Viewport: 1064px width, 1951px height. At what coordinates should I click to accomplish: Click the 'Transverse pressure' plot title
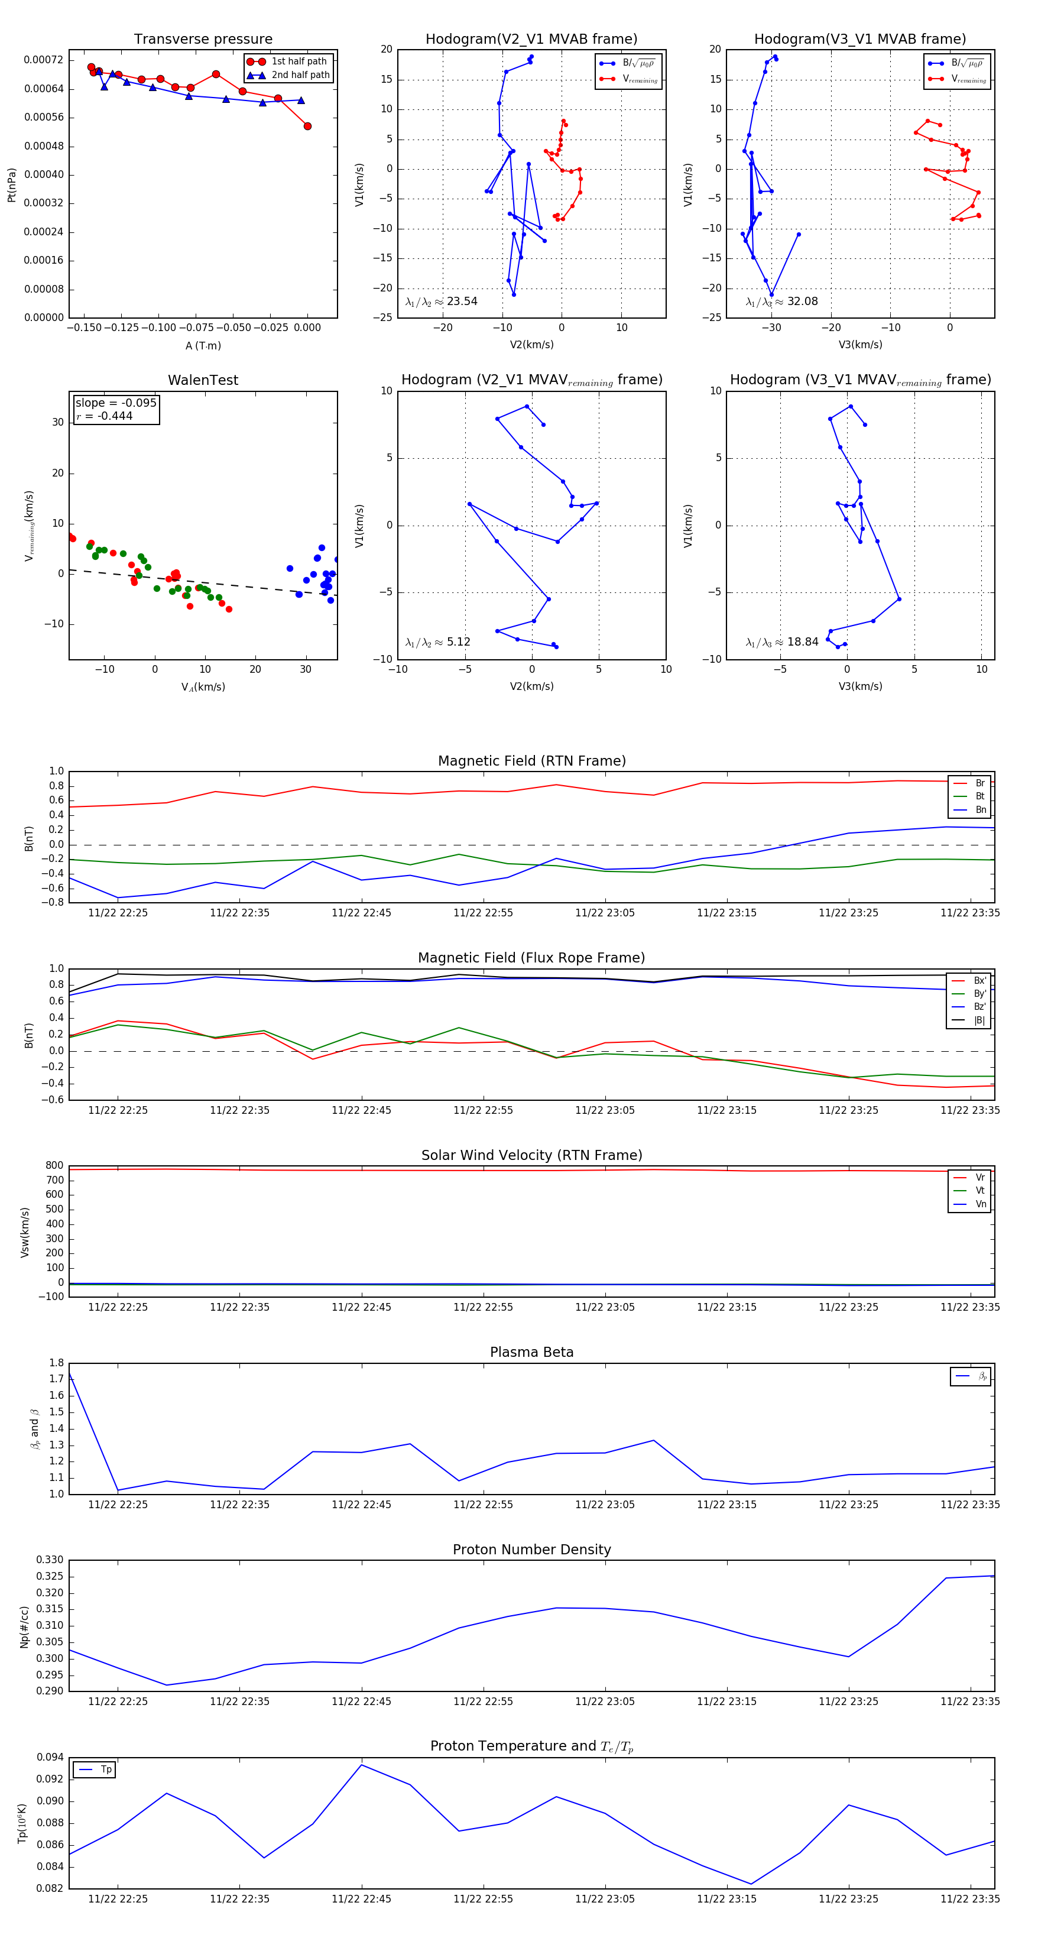pyautogui.click(x=203, y=40)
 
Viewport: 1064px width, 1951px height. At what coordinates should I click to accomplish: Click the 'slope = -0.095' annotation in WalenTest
pyautogui.click(x=116, y=403)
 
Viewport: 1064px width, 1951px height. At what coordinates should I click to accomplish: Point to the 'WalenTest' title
pyautogui.click(x=203, y=380)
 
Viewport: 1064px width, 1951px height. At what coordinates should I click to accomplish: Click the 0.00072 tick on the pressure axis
pyautogui.click(x=43, y=60)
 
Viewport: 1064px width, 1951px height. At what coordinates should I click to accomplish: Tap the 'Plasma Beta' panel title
pyautogui.click(x=531, y=1352)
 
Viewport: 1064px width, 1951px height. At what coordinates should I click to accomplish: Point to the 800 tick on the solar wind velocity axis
pyautogui.click(x=54, y=1166)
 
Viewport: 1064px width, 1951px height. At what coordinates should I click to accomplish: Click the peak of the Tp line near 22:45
pyautogui.click(x=361, y=1765)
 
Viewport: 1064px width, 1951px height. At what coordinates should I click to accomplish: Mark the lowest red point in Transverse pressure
pyautogui.click(x=307, y=127)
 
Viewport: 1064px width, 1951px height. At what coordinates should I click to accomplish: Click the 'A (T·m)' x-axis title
pyautogui.click(x=203, y=345)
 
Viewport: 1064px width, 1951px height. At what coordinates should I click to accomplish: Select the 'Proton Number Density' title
pyautogui.click(x=531, y=1549)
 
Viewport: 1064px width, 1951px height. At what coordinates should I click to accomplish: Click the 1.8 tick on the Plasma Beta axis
pyautogui.click(x=56, y=1363)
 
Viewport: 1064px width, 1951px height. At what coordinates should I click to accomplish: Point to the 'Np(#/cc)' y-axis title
pyautogui.click(x=24, y=1625)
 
